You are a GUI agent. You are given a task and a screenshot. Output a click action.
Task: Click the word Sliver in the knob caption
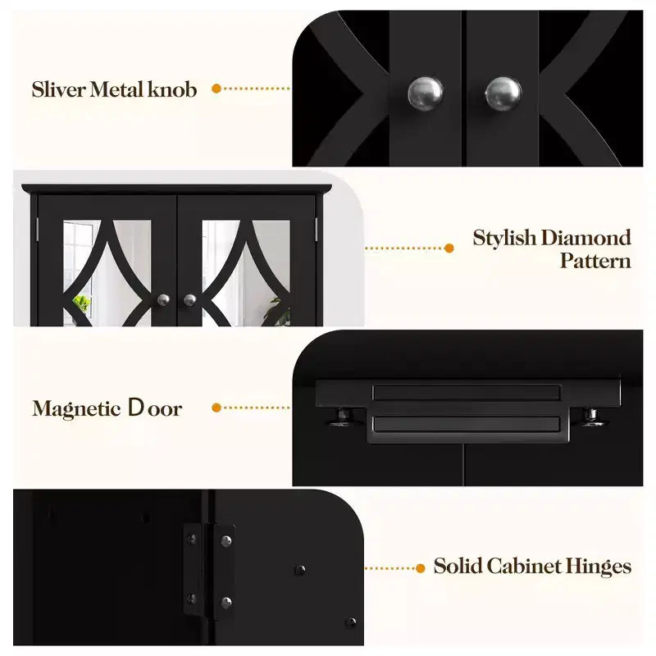click(x=58, y=89)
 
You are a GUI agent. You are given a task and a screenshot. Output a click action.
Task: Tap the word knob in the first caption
click(x=172, y=89)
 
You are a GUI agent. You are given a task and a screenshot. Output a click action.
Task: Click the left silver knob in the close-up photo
click(x=425, y=93)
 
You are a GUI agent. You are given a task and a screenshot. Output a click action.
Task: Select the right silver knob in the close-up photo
click(x=503, y=93)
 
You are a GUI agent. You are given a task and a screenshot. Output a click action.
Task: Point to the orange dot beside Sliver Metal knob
click(x=216, y=89)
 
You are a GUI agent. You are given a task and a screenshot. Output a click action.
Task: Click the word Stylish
click(x=504, y=239)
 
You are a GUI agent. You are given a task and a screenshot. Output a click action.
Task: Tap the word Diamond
click(x=585, y=238)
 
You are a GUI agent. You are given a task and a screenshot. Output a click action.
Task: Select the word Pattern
click(x=595, y=261)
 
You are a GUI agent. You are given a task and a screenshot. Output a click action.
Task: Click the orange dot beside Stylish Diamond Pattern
click(x=449, y=248)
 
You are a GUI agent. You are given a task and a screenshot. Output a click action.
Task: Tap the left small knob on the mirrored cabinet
click(x=163, y=300)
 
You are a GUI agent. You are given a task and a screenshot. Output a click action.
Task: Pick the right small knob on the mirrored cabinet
click(x=190, y=300)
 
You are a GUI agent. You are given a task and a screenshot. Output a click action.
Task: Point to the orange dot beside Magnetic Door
click(x=216, y=408)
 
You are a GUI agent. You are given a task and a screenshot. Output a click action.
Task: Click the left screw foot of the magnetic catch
click(x=344, y=417)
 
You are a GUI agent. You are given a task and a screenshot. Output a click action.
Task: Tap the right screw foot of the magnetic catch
click(x=591, y=417)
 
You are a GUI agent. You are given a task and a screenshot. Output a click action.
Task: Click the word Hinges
click(x=599, y=567)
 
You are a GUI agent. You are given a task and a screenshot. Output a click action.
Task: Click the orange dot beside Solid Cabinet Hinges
click(x=421, y=568)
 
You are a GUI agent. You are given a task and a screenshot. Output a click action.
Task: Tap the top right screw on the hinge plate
click(x=226, y=541)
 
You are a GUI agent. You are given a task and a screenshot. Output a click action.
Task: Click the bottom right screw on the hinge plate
click(x=226, y=603)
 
